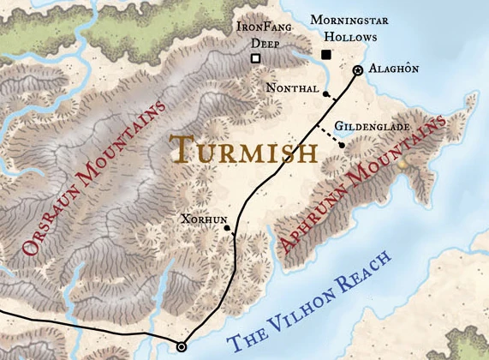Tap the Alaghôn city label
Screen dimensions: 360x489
pos(394,69)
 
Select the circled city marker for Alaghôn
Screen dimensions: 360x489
pos(358,69)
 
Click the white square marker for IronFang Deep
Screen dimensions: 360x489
pos(254,58)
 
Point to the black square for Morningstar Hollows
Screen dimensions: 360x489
pos(325,55)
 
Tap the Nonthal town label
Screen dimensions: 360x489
pos(294,88)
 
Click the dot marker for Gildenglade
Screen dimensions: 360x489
pos(342,145)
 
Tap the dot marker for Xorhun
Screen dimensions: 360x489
pos(226,229)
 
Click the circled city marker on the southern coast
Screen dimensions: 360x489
pos(181,346)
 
